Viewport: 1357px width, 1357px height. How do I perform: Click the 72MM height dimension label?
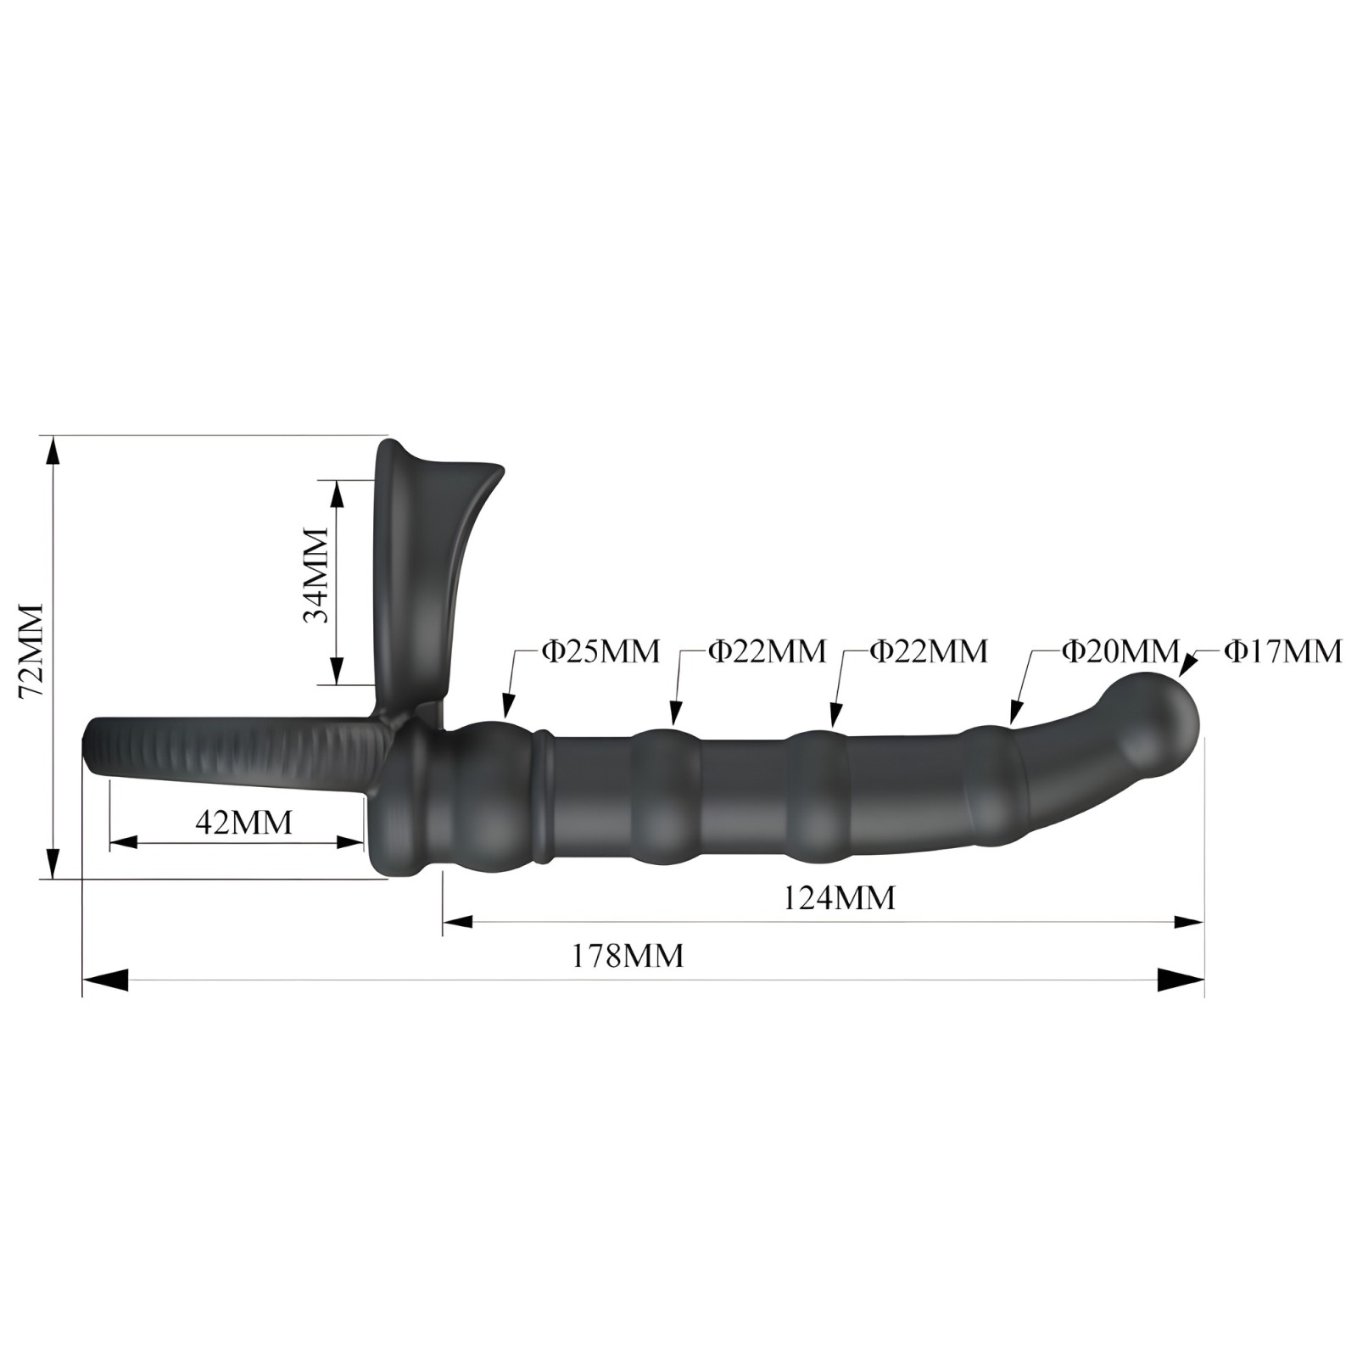coord(31,650)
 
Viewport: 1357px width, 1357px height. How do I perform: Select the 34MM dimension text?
coord(316,575)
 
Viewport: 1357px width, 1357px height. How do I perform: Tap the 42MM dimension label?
coord(243,822)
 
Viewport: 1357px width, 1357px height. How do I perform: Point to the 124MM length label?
coord(839,896)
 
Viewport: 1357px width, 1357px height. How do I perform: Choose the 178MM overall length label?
coord(627,956)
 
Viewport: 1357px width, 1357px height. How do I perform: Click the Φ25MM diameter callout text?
coord(600,651)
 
